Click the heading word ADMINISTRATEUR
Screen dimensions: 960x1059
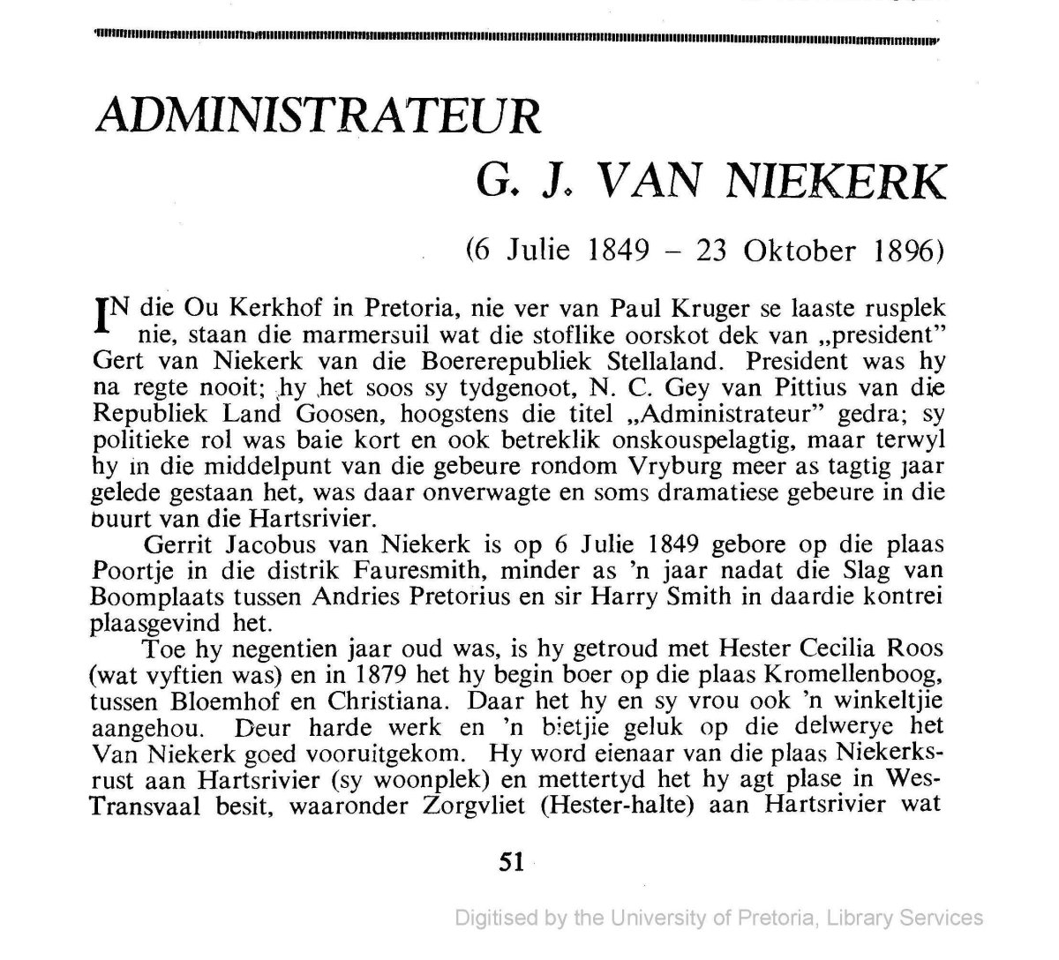317,115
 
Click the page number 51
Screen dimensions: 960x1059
511,862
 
